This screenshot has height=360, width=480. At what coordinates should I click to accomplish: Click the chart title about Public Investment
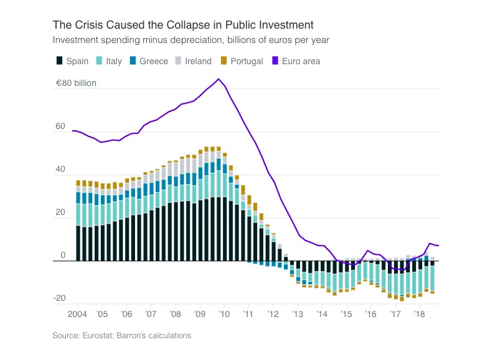(x=183, y=25)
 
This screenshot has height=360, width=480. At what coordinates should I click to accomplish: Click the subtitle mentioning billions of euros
(x=191, y=40)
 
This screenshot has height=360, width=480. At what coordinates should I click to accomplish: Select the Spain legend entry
(x=72, y=61)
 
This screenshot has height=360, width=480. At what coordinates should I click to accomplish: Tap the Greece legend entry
(x=148, y=61)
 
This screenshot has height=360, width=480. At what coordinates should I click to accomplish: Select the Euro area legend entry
(x=295, y=61)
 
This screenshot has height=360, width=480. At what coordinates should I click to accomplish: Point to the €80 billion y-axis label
(x=76, y=82)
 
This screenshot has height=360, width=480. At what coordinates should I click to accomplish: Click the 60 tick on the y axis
(x=60, y=126)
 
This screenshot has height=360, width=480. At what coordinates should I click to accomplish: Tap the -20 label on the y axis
(x=59, y=298)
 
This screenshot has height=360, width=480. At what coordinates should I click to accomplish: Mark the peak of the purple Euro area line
(x=218, y=79)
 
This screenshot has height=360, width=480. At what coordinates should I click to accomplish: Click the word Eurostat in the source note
(x=100, y=336)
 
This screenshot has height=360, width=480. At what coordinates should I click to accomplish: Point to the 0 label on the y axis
(x=63, y=255)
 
